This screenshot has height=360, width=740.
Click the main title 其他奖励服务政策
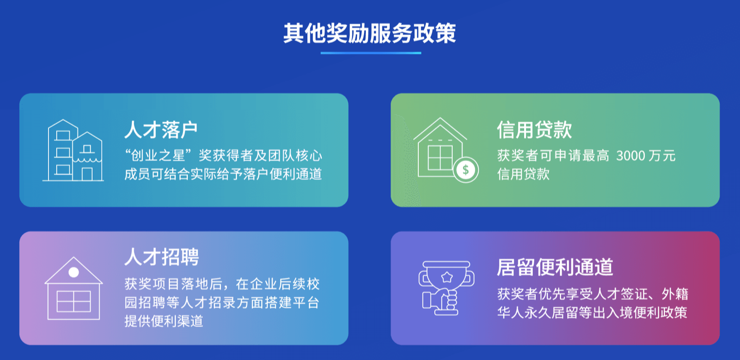click(x=370, y=33)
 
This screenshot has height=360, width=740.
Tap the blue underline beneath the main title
click(x=371, y=53)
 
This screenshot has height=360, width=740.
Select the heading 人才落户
click(x=161, y=130)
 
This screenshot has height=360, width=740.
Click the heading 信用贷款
click(x=534, y=130)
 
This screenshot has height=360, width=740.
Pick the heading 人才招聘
click(x=162, y=257)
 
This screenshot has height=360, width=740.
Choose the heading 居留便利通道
click(x=555, y=267)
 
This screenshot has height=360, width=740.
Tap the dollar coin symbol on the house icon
click(x=465, y=170)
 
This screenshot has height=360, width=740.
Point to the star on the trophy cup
click(x=447, y=277)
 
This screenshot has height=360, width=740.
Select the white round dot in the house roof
click(x=73, y=272)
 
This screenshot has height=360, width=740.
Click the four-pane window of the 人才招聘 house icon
click(x=74, y=301)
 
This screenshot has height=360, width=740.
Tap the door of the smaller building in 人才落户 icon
click(x=87, y=174)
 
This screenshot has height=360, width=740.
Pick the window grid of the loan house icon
click(x=440, y=158)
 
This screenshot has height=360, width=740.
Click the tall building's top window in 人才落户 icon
click(x=63, y=135)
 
